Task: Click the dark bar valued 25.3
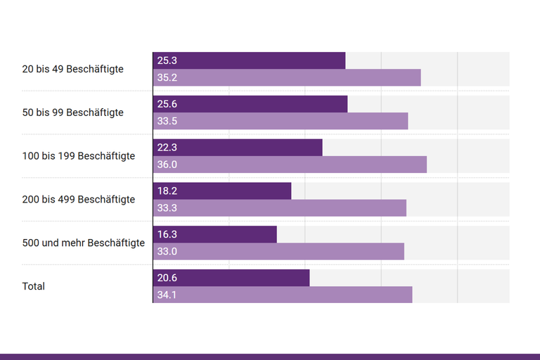tap(249, 60)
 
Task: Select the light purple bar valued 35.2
tap(287, 77)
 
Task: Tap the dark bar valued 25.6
tap(250, 104)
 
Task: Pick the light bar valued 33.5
tap(281, 121)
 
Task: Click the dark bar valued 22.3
tap(238, 148)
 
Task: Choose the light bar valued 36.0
tap(290, 165)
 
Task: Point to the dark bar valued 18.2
tap(222, 191)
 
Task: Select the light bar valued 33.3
tap(280, 208)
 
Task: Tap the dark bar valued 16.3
tap(215, 235)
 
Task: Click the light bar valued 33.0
tap(278, 252)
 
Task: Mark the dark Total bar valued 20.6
tap(231, 278)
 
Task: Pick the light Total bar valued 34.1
tap(283, 295)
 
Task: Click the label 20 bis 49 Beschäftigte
tap(73, 69)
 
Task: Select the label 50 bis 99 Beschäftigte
tap(73, 112)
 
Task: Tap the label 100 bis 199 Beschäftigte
tap(79, 156)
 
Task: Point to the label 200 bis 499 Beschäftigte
tap(79, 200)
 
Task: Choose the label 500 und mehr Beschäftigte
tap(84, 243)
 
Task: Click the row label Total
tap(34, 287)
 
